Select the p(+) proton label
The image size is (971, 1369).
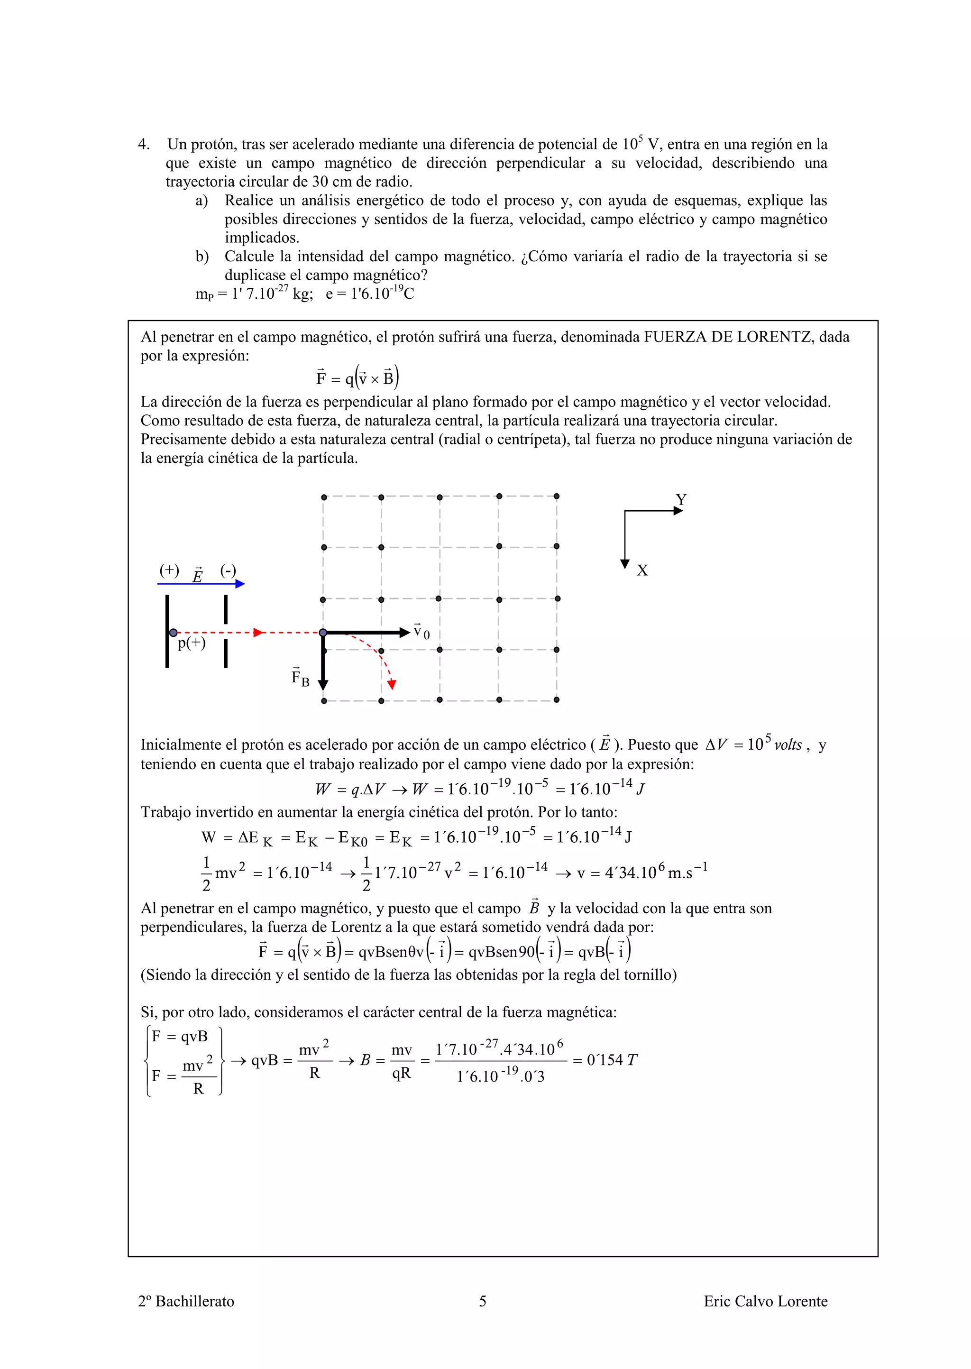[x=192, y=643]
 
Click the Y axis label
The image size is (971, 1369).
[x=680, y=499]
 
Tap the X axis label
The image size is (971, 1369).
[x=642, y=570]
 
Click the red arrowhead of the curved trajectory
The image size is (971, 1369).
[x=392, y=685]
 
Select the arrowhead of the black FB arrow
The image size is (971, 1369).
[x=323, y=685]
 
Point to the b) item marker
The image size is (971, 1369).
[x=202, y=257]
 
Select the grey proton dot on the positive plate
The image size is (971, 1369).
[x=173, y=633]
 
